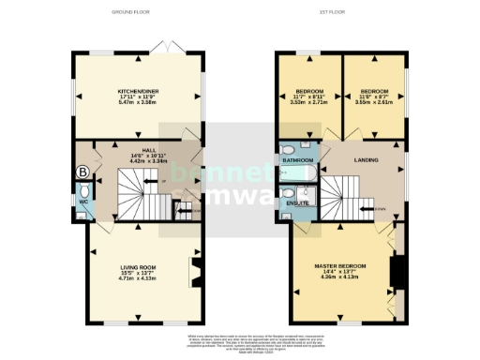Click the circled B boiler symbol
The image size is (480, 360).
(x=82, y=172)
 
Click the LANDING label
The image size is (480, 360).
(x=366, y=160)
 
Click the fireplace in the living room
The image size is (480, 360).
(x=194, y=274)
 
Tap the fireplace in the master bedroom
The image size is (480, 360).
(x=397, y=274)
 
